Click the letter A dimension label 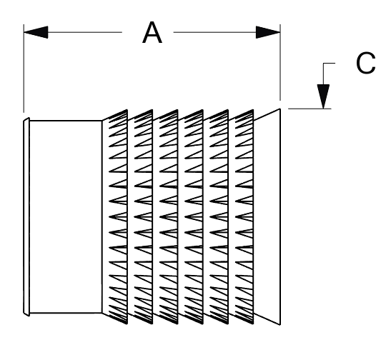152,33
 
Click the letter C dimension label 365,63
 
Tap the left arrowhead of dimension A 36,32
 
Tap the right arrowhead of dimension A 268,32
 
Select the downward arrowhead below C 323,96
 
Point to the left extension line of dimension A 24,69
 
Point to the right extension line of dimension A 280,62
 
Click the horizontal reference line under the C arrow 310,109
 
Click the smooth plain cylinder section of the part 66,216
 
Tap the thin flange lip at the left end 26,217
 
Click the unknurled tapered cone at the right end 267,216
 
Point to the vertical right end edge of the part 280,216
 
